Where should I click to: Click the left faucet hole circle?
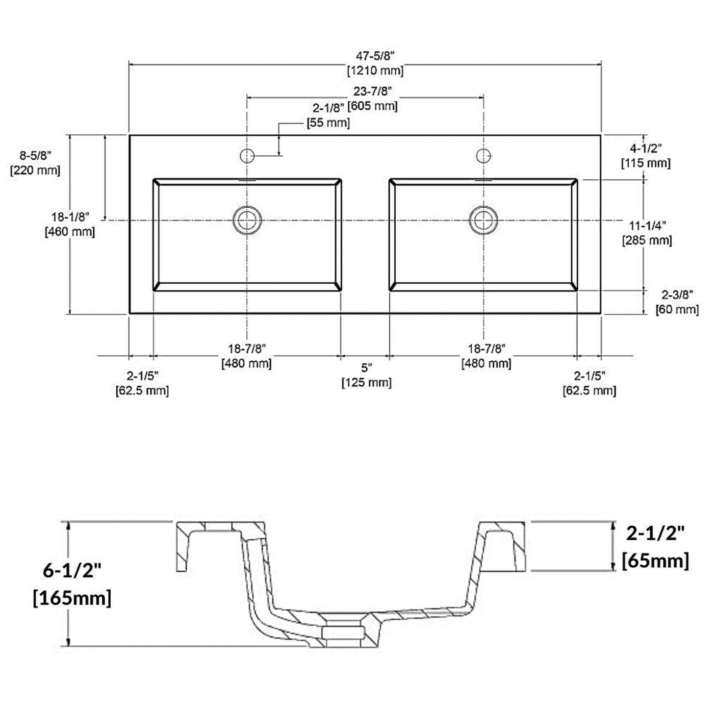tap(247, 155)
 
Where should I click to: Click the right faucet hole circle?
tap(484, 155)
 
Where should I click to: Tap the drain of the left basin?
tap(247, 220)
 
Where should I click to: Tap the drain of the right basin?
tap(484, 220)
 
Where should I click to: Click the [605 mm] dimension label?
tap(373, 106)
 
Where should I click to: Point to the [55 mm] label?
tap(328, 123)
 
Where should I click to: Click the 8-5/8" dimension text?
tap(35, 155)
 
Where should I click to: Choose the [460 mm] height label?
tap(70, 232)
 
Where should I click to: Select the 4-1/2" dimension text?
tap(645, 148)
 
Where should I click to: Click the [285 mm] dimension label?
tap(647, 240)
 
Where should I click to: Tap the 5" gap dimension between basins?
tap(367, 368)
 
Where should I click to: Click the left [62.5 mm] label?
tap(142, 391)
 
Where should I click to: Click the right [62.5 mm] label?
tap(589, 391)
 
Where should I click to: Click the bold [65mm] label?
tap(655, 560)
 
